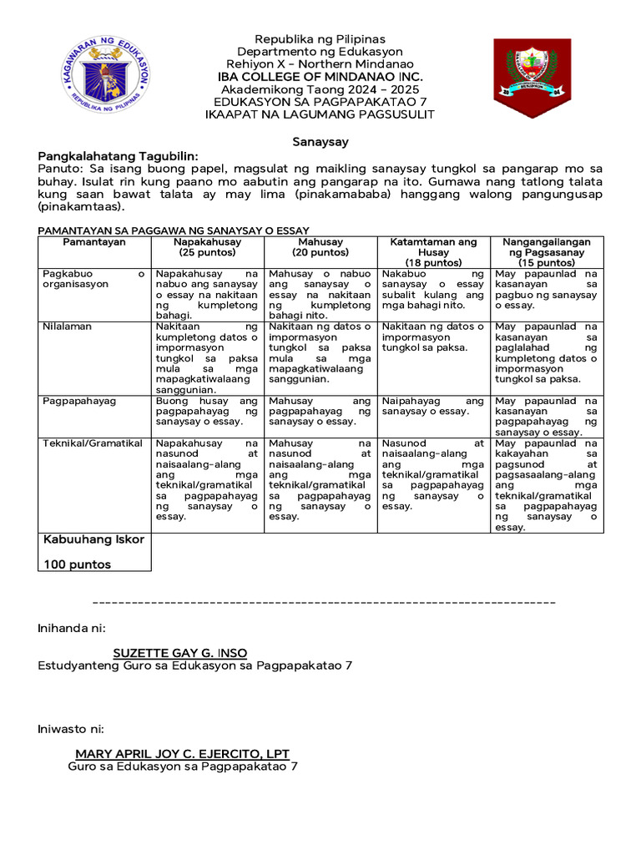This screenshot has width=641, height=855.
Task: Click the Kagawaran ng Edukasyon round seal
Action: tap(105, 73)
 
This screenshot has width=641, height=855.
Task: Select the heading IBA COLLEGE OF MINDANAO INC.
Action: tap(320, 77)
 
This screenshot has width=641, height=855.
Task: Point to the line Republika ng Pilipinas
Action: tap(320, 39)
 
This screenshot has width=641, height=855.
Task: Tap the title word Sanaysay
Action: tap(320, 143)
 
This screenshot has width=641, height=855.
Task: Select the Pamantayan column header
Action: tap(94, 242)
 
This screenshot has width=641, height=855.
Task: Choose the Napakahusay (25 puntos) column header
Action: tap(208, 247)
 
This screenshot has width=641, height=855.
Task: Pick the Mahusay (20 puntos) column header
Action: tap(320, 247)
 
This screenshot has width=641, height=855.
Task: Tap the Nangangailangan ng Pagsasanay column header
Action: tap(547, 252)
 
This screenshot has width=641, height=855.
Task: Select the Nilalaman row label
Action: tap(67, 326)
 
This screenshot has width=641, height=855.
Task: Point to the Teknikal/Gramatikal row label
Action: tap(92, 443)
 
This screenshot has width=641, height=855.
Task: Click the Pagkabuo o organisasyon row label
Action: tap(93, 278)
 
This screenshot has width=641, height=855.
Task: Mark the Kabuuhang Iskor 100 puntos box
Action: tap(94, 552)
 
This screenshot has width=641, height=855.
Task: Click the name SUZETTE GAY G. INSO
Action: tap(180, 652)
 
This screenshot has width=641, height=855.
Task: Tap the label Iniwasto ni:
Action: tap(71, 728)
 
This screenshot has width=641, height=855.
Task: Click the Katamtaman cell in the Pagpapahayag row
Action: tap(433, 406)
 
